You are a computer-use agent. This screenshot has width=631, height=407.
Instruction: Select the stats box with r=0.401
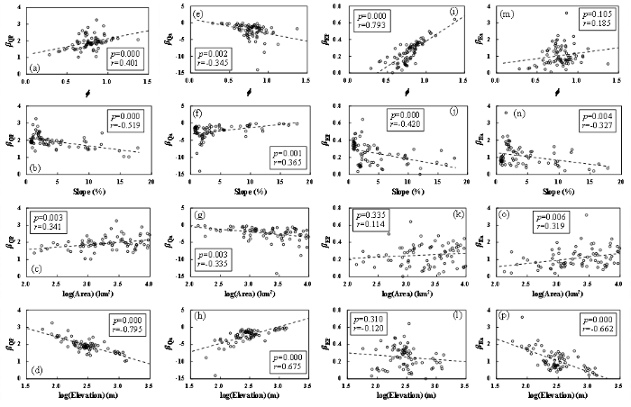pyautogui.click(x=123, y=61)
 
